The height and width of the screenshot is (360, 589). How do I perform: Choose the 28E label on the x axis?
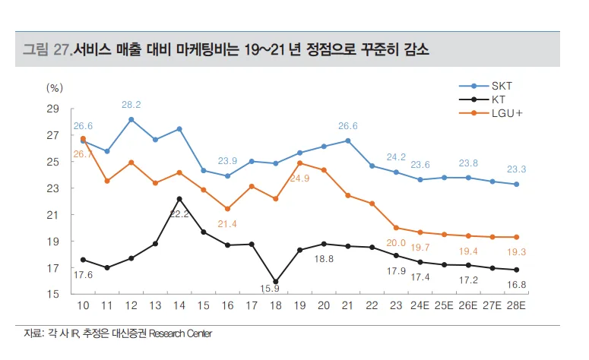click(x=517, y=307)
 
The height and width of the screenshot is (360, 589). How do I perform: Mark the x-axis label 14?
click(x=179, y=307)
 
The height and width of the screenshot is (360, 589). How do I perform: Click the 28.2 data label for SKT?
click(x=131, y=105)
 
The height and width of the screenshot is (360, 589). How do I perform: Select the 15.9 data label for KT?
click(x=275, y=289)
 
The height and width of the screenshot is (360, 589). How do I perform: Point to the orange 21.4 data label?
click(x=227, y=223)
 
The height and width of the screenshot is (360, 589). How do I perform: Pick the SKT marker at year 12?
click(x=131, y=119)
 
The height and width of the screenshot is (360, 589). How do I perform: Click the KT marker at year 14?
click(x=179, y=199)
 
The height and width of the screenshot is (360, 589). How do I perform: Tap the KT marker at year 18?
click(x=275, y=282)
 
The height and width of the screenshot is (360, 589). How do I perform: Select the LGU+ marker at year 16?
click(x=227, y=209)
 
